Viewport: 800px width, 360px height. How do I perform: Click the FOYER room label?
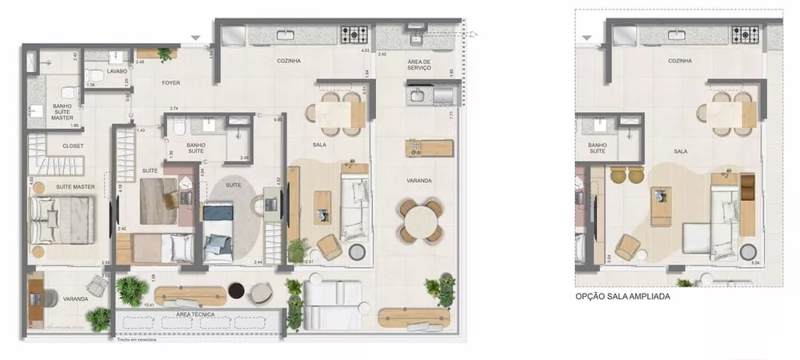[x=170, y=82]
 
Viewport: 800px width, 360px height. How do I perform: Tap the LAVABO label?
[x=96, y=70]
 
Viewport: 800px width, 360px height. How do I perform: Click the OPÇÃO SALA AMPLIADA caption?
[x=623, y=296]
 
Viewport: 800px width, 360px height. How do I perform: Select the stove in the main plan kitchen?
[x=354, y=34]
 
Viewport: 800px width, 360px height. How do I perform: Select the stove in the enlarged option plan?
[x=746, y=34]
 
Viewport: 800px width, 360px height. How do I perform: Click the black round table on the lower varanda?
[x=236, y=290]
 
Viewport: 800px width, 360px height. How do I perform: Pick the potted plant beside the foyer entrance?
[x=165, y=54]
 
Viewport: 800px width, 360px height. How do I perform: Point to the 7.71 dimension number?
[x=452, y=114]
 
